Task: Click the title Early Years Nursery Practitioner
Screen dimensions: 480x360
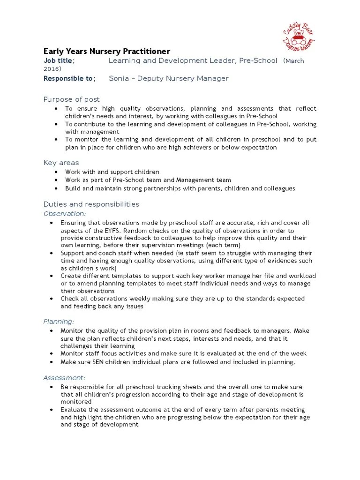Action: click(107, 51)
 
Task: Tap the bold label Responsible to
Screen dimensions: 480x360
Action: click(68, 78)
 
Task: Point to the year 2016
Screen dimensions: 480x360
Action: click(52, 69)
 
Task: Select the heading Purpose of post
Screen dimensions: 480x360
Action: click(71, 99)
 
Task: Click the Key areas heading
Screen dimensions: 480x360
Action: click(61, 163)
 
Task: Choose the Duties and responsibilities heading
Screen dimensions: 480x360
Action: click(91, 204)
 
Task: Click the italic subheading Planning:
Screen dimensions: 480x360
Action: click(59, 322)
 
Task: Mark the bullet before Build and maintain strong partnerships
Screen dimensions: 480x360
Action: click(56, 188)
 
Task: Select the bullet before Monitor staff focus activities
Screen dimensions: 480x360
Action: click(51, 353)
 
